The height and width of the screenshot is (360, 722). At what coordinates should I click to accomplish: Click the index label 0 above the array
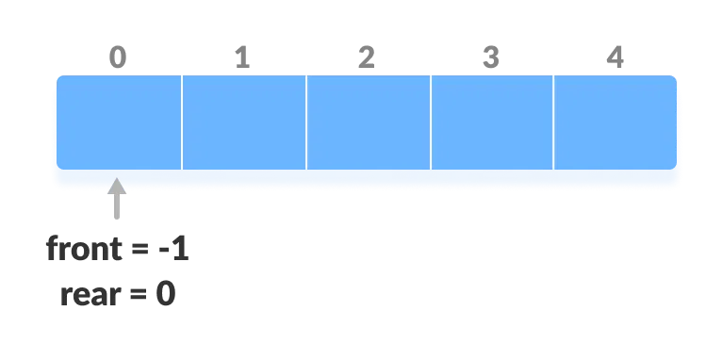point(117,58)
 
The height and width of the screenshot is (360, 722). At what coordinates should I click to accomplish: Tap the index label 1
point(242,58)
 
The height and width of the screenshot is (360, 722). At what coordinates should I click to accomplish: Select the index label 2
point(367,58)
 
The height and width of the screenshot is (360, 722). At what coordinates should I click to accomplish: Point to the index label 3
point(491,58)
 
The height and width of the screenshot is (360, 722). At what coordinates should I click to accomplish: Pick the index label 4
point(615,58)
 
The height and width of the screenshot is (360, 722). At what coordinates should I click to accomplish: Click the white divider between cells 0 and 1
point(182,123)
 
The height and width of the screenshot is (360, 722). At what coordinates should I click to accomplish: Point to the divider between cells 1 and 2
point(306,123)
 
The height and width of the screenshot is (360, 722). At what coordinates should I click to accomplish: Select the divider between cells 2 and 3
point(431,123)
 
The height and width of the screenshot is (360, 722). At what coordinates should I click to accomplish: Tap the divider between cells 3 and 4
point(553,123)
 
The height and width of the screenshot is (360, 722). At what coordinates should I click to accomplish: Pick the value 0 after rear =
point(165,295)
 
